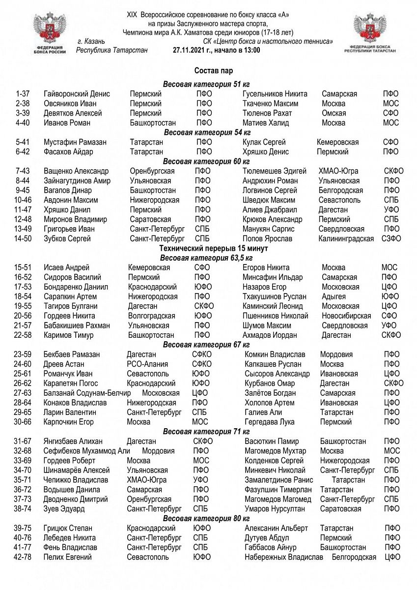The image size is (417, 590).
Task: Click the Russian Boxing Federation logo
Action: coord(48,33)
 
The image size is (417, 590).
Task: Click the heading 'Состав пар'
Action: coord(209,71)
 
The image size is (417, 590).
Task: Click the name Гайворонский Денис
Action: coord(77,94)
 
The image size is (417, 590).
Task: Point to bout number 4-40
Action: coord(23,122)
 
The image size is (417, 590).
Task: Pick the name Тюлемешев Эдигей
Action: coord(274,171)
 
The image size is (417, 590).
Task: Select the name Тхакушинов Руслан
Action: coord(274,296)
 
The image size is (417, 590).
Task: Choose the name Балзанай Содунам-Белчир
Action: coord(87,393)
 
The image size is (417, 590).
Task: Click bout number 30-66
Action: coord(23,422)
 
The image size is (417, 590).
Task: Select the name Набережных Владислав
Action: coord(284,557)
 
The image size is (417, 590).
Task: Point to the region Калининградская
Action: coord(346,238)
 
